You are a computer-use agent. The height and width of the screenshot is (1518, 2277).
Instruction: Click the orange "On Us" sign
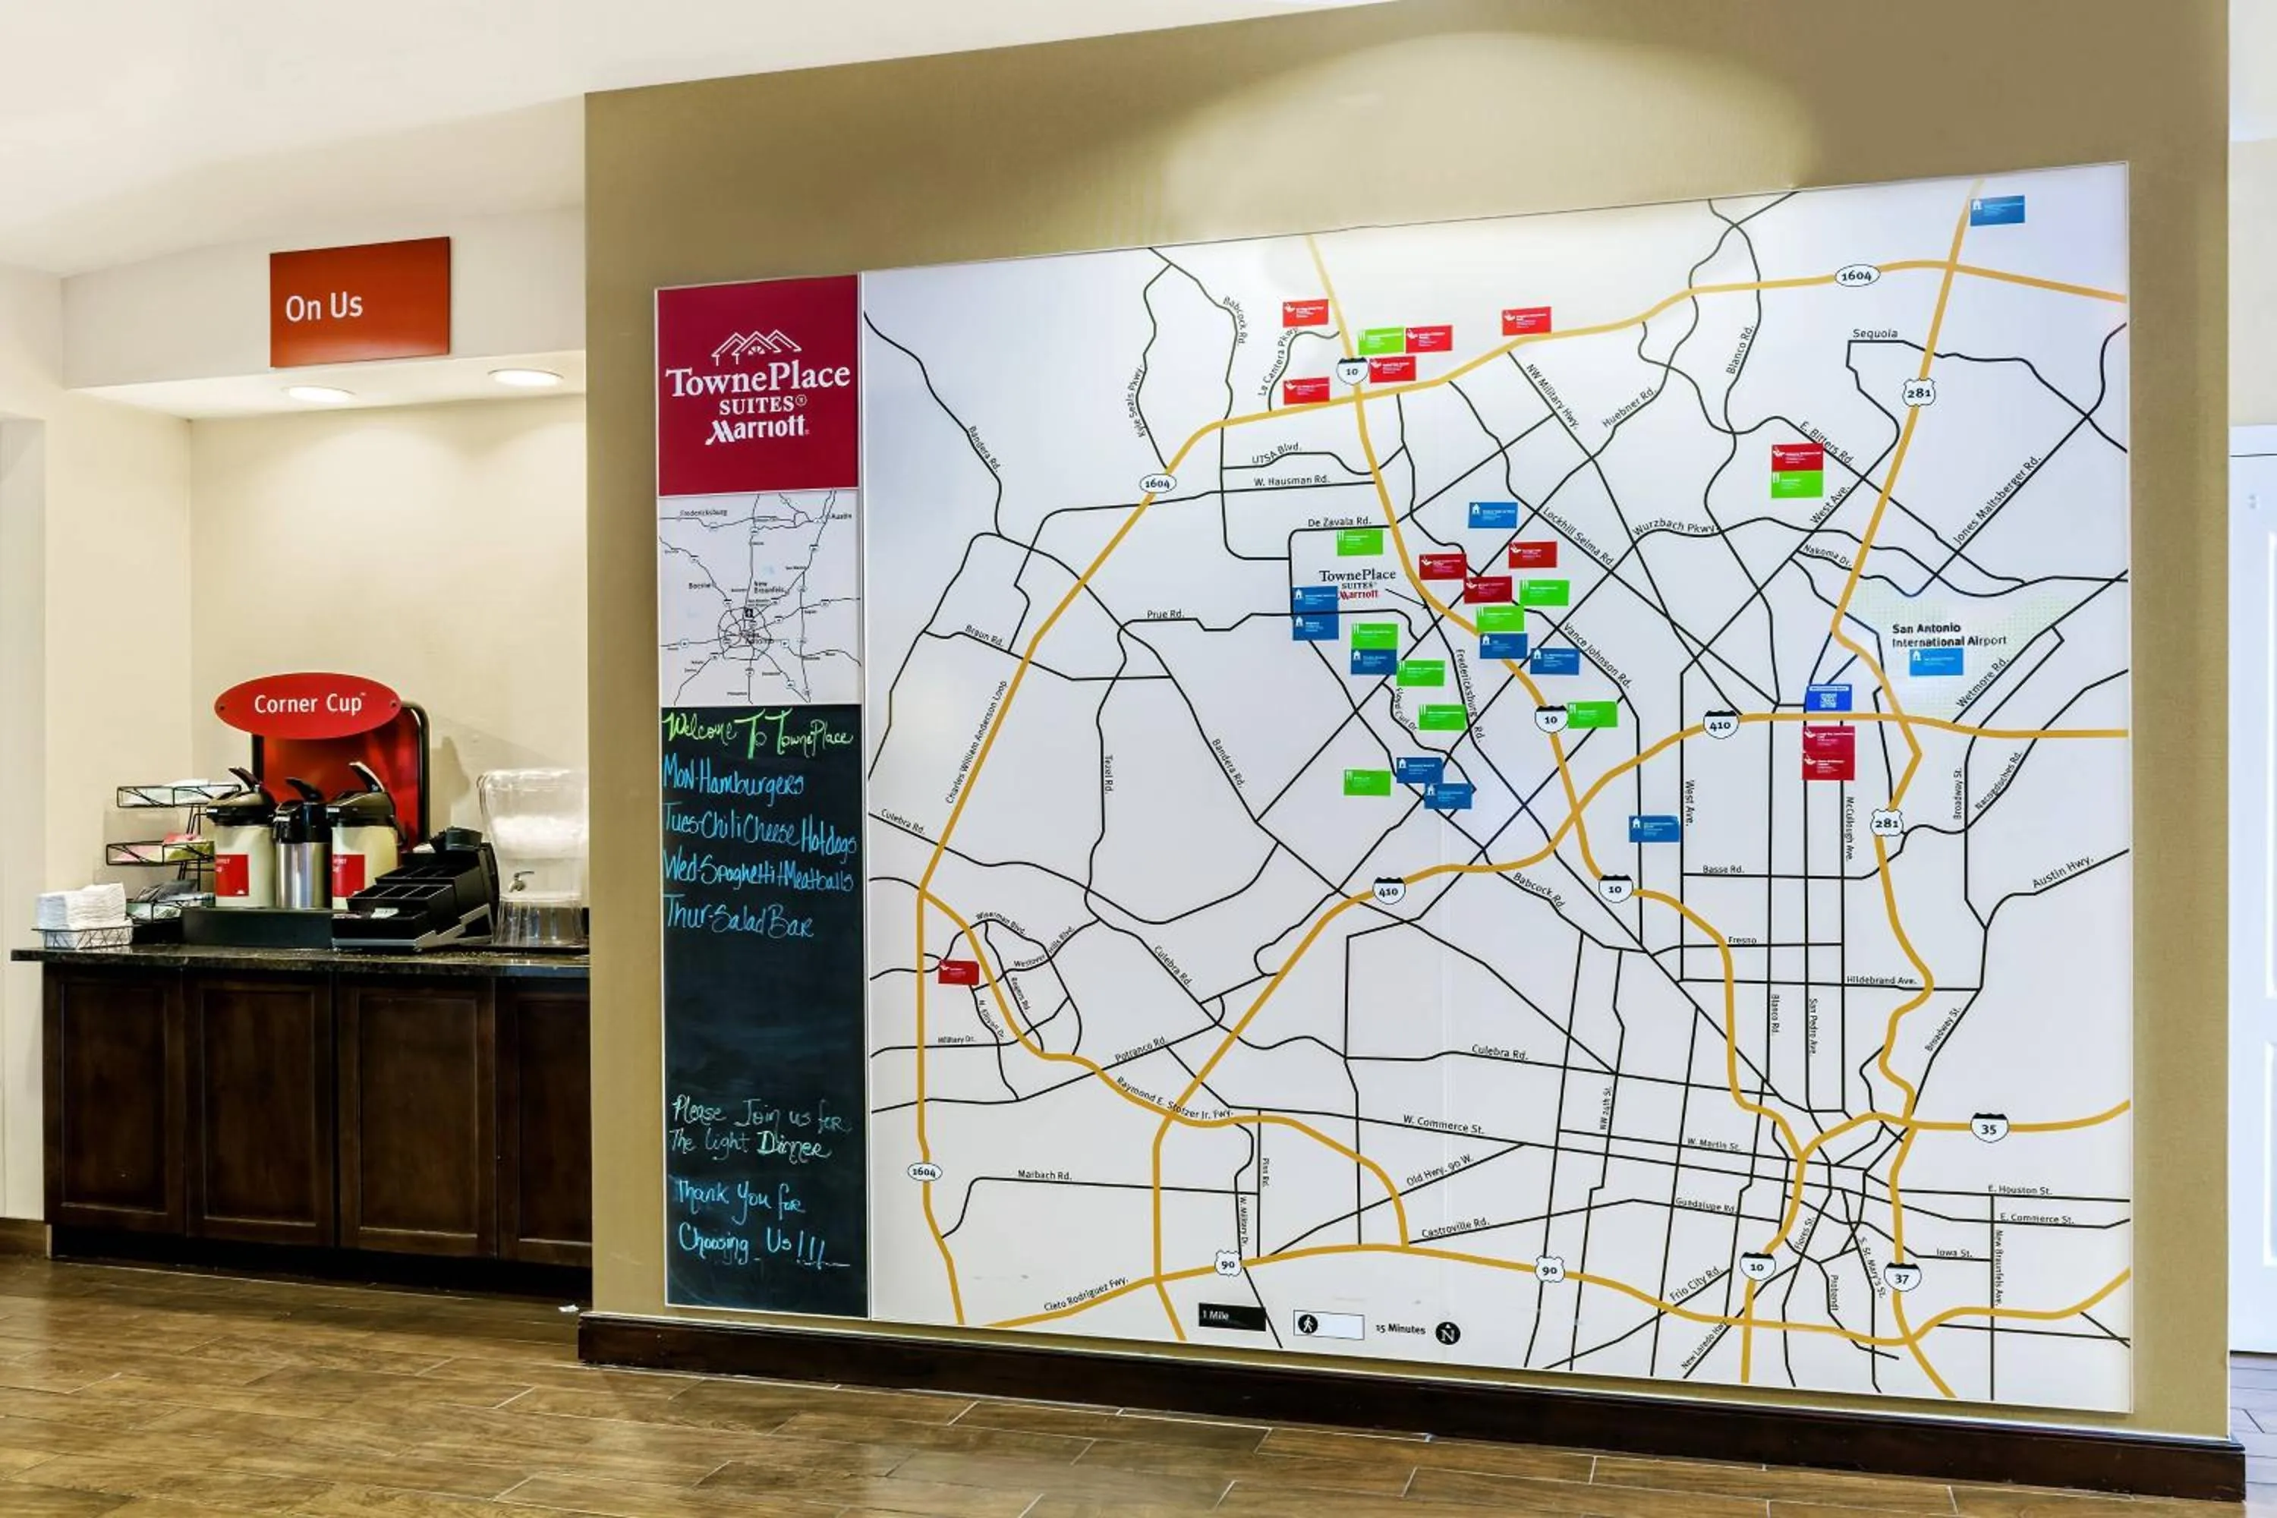359,302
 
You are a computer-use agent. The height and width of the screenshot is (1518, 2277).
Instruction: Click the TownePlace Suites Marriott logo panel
757,386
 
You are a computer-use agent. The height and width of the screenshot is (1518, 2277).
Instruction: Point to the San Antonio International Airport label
1949,635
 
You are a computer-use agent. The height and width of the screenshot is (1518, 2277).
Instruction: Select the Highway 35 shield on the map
1989,1127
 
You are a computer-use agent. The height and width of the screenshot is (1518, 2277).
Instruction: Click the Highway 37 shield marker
1901,1278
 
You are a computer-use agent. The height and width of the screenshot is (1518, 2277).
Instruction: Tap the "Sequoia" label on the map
1874,334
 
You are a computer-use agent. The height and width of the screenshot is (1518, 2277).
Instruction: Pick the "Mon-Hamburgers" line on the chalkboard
733,780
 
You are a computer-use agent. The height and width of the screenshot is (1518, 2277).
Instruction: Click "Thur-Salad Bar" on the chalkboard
738,918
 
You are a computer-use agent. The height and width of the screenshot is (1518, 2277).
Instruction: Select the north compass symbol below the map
1447,1333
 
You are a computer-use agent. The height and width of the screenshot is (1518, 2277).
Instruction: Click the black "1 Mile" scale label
1230,1317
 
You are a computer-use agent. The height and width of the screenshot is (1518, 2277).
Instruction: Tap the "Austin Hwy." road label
2062,872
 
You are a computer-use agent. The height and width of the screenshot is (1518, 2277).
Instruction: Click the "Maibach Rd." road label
1044,1175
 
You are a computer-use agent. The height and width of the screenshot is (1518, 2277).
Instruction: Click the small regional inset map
758,598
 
